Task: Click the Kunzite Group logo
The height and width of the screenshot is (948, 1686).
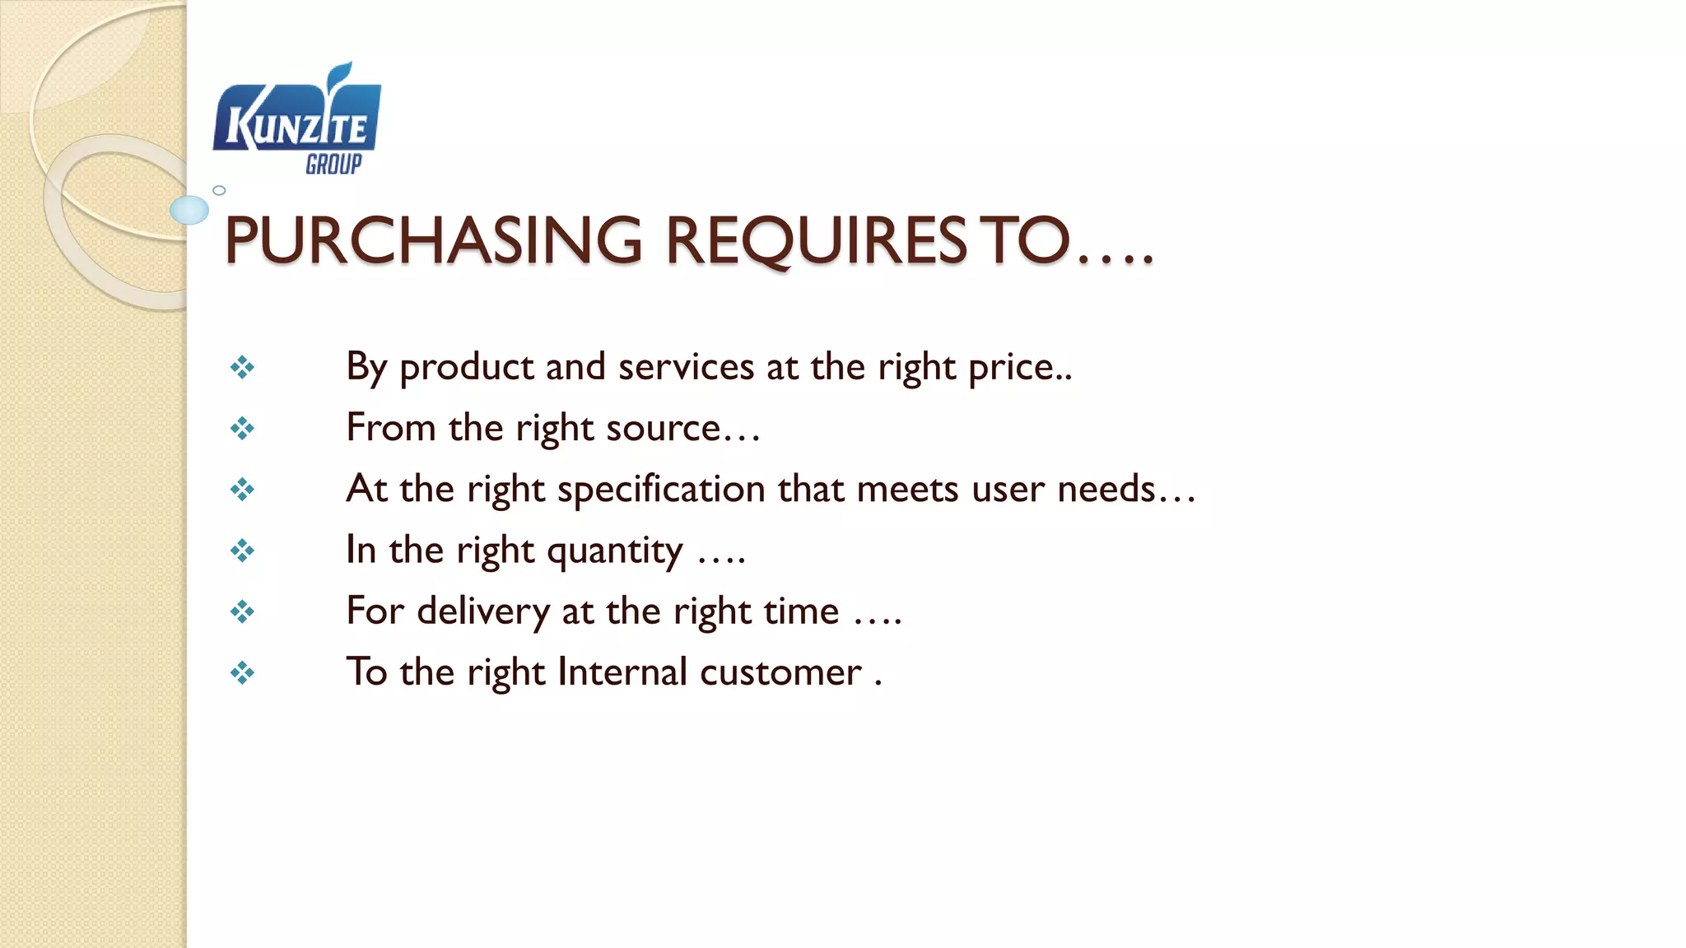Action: coord(296,119)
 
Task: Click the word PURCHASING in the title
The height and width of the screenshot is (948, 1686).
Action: coord(433,240)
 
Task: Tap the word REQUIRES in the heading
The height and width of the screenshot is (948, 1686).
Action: coord(815,240)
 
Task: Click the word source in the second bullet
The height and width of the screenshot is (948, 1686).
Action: coord(664,429)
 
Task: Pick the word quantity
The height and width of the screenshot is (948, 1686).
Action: coord(614,551)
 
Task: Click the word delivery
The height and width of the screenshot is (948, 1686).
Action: coord(483,611)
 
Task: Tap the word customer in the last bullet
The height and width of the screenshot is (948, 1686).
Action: coord(780,672)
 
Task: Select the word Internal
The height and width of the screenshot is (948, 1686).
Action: coord(622,672)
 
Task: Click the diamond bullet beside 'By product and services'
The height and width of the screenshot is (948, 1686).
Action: coord(242,367)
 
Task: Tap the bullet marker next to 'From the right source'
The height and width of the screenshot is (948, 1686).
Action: coord(242,429)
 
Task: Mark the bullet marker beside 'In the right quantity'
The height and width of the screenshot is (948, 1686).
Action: coord(242,551)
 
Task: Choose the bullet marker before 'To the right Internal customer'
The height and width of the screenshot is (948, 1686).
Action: coord(242,674)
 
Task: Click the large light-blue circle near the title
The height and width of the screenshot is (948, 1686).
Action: coord(189,210)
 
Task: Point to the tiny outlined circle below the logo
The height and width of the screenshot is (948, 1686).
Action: coord(219,190)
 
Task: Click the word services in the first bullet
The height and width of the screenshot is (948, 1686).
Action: coord(686,367)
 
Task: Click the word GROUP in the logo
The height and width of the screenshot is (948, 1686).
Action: coord(333,165)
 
